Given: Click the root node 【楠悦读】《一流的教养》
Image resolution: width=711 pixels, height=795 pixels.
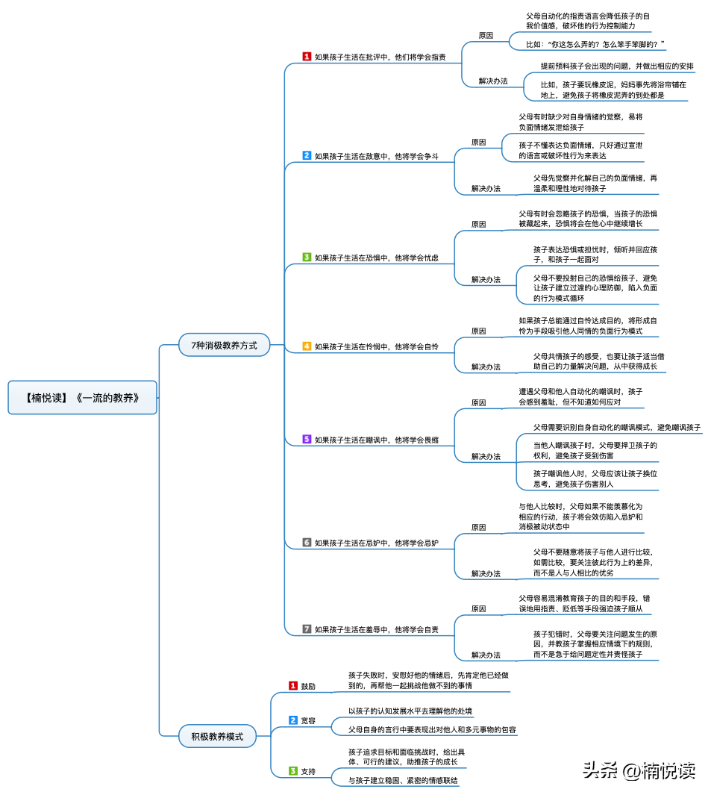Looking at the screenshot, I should [x=84, y=398].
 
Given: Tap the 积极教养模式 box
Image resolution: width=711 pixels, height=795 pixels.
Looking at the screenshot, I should [x=217, y=736].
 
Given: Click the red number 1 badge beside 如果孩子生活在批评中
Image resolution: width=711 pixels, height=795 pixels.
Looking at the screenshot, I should [x=307, y=56].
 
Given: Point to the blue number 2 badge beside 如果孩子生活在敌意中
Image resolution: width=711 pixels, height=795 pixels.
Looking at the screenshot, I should [x=307, y=155].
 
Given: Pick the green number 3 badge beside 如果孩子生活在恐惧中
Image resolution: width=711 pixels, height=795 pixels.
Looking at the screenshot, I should [x=307, y=257].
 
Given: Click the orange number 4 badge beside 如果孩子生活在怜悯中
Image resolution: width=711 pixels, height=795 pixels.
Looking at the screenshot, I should [x=307, y=346].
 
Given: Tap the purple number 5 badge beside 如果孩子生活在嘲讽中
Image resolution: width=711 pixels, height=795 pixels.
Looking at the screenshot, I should [x=307, y=439].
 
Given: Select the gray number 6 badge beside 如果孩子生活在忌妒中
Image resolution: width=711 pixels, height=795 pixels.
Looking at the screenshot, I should [x=307, y=542].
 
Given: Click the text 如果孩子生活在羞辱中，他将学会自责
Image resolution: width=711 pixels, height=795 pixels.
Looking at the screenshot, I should [x=376, y=629].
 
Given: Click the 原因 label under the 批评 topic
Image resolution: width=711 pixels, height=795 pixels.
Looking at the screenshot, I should [x=486, y=35].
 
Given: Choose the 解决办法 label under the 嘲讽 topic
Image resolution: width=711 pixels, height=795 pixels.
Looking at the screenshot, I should [x=486, y=455].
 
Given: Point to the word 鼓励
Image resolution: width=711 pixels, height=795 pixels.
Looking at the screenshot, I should [x=308, y=686].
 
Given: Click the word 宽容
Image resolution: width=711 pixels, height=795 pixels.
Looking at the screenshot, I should [x=308, y=721].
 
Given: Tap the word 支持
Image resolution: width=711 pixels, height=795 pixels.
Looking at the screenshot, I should [x=308, y=771].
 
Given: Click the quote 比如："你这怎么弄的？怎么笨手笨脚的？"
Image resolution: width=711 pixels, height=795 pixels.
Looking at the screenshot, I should [x=595, y=45].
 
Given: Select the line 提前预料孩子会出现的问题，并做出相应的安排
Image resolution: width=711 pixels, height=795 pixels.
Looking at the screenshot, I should [x=617, y=66].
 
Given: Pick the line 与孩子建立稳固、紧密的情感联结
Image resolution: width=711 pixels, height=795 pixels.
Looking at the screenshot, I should [x=404, y=780].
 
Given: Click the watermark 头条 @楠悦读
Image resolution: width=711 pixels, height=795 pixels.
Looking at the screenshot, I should [x=639, y=770].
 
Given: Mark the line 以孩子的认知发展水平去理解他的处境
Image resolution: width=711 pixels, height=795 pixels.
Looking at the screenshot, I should [x=410, y=711].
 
